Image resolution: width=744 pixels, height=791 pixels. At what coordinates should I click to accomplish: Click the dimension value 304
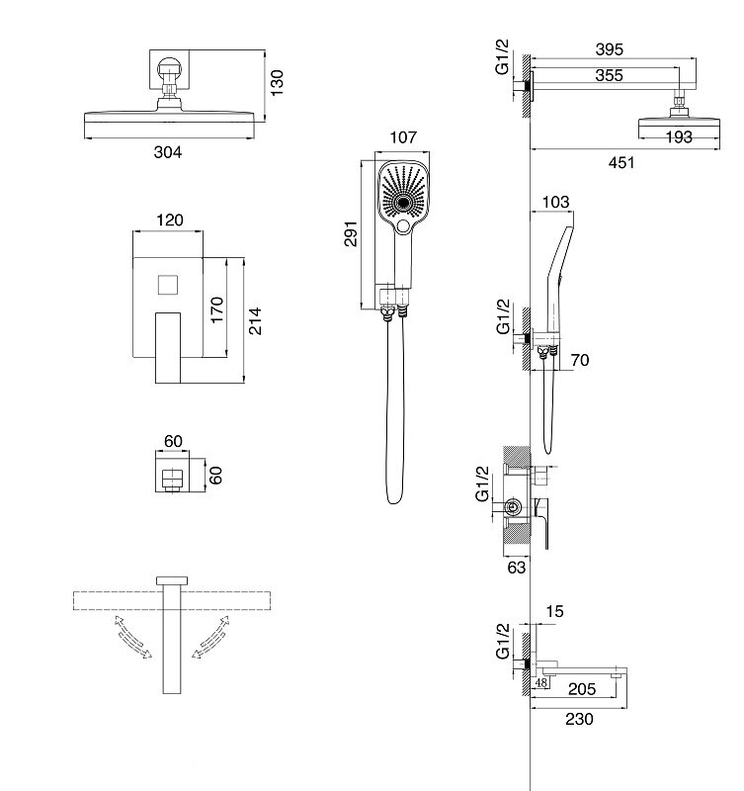tap(169, 151)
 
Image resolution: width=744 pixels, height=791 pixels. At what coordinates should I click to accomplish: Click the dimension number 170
tap(218, 309)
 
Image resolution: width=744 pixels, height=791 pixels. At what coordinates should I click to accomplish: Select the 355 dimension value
tap(609, 75)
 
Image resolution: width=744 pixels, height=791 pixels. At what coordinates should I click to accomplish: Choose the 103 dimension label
tap(556, 202)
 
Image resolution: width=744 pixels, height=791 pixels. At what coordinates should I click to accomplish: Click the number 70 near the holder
tap(580, 360)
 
